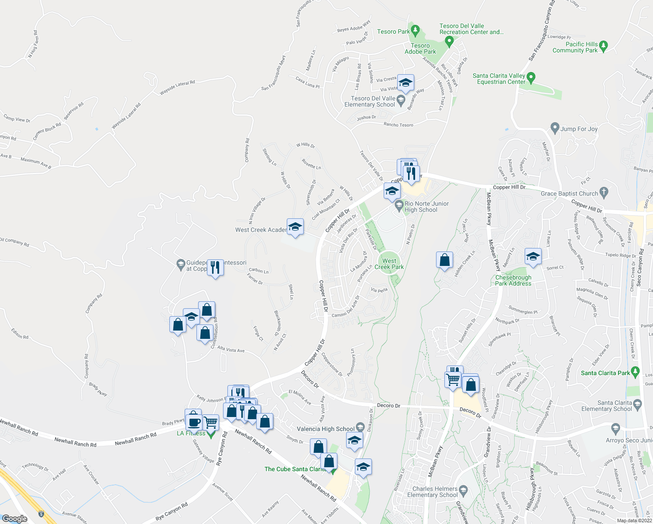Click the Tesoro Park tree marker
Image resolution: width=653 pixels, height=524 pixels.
click(416, 31)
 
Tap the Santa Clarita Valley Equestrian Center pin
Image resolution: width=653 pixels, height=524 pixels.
click(531, 78)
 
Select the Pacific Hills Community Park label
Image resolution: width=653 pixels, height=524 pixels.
click(575, 47)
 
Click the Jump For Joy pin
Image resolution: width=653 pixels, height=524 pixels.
click(555, 128)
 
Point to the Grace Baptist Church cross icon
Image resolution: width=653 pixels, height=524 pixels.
click(604, 192)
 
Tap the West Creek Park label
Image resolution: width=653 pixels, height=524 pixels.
click(389, 264)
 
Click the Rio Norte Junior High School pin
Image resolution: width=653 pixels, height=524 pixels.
click(399, 205)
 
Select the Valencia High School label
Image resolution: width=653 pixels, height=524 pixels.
click(326, 429)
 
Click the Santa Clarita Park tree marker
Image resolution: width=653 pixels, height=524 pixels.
click(636, 372)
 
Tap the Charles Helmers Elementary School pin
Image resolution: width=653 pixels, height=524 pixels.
click(464, 491)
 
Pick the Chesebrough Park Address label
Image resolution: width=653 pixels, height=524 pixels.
click(513, 280)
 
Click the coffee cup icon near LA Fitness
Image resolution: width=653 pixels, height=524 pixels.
click(194, 422)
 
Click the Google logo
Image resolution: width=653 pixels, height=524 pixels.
click(15, 519)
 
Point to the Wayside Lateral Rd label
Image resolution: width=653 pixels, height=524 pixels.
click(177, 88)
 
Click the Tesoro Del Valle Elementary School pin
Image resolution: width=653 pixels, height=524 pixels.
click(400, 101)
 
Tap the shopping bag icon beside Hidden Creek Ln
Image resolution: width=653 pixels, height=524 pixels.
click(444, 260)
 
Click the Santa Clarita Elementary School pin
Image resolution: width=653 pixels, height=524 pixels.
click(637, 405)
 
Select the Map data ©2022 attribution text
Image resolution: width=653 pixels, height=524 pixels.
click(634, 520)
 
